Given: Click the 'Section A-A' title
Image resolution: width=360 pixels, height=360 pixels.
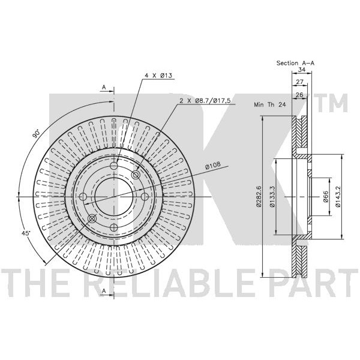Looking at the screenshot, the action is pos(295,63).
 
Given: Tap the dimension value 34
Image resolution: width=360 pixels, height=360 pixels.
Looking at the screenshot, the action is pos(302,70).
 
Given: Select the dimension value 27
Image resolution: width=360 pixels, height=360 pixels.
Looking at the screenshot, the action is pos(299,82).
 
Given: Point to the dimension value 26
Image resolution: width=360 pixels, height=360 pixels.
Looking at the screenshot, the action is pos(299,94).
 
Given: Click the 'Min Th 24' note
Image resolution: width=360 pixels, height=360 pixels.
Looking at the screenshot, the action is pos(270,104).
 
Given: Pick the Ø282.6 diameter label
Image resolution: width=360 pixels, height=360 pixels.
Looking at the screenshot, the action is pos(259,196).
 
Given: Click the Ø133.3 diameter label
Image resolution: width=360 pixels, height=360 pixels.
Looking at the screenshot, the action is pos(272,196).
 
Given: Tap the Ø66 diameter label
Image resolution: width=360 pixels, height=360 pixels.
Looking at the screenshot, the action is pos(326,197).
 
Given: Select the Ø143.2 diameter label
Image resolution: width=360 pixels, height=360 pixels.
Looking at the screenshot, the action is pos(337,196).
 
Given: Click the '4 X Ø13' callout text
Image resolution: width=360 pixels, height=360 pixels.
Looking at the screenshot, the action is pos(158,76).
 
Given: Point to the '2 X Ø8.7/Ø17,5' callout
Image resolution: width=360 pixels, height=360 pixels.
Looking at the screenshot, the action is pos(205,100).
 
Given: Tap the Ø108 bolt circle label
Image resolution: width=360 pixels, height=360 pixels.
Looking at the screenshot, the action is pos(212,166).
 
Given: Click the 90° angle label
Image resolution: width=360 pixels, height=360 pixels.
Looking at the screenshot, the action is pos(36,134).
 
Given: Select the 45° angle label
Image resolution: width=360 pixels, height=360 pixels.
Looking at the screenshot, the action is pos(26,233).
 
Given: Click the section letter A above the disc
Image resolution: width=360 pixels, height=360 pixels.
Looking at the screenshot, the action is pos(104,87).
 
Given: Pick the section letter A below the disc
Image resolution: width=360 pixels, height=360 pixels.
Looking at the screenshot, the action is pos(104,290).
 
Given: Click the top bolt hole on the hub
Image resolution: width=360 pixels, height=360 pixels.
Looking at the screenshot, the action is pos(114,166).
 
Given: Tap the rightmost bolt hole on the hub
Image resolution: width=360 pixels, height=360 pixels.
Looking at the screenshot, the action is pos(145,197).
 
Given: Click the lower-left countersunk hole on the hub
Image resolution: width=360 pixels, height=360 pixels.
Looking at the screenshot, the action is pos(92,218).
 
